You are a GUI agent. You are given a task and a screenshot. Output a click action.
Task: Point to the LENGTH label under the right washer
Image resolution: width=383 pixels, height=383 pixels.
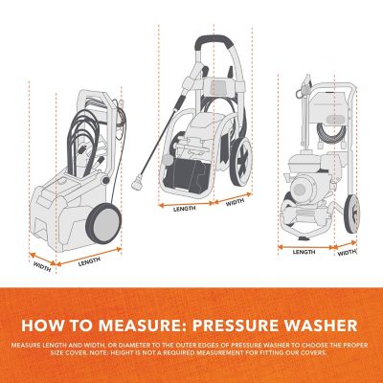click(304, 252)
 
